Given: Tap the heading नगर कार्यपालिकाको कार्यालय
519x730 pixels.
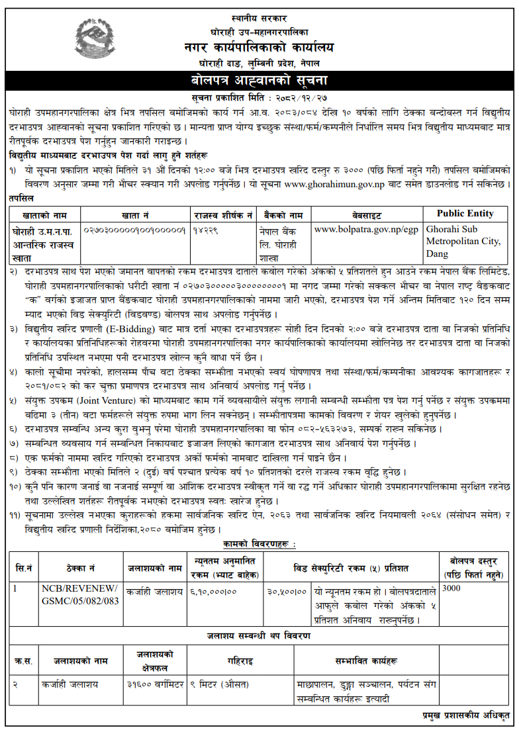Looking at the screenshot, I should (259, 47).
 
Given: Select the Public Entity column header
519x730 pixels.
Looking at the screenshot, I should (465, 214).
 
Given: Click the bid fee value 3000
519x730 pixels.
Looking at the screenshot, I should (451, 588).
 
